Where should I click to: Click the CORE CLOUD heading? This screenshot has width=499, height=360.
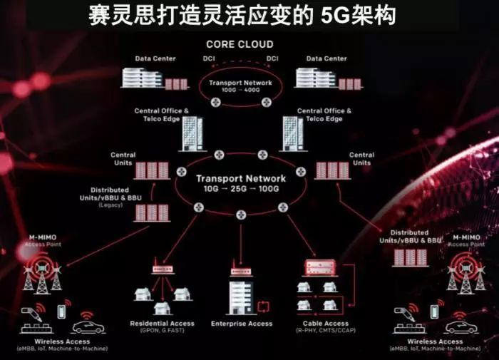tap(240, 44)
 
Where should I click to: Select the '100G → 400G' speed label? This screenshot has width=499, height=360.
tap(240, 91)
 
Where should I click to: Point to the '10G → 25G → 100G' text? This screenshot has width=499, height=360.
tap(241, 191)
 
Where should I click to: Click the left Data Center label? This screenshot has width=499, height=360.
tap(155, 58)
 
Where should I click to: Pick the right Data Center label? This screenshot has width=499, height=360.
tap(326, 58)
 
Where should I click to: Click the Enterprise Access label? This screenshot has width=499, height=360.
tap(242, 324)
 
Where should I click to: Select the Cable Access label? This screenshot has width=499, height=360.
tap(325, 324)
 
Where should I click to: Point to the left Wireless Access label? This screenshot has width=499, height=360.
tap(63, 341)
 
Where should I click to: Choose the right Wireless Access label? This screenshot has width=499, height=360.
tap(436, 341)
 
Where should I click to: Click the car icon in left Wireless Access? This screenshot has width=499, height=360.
tap(88, 326)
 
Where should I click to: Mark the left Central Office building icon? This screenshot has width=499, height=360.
tap(191, 134)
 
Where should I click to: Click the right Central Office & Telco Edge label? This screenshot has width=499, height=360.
tap(324, 115)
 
